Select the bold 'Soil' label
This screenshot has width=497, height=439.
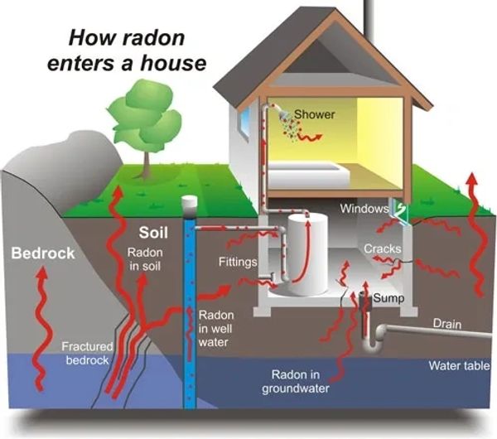click(x=154, y=232)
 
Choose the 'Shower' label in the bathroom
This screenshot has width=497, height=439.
click(x=315, y=114)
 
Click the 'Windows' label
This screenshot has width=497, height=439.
click(x=364, y=209)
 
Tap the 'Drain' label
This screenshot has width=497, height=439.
click(x=446, y=324)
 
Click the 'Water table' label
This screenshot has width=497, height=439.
click(x=458, y=365)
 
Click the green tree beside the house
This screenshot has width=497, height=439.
click(x=142, y=124)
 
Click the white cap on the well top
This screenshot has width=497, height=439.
click(x=190, y=203)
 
